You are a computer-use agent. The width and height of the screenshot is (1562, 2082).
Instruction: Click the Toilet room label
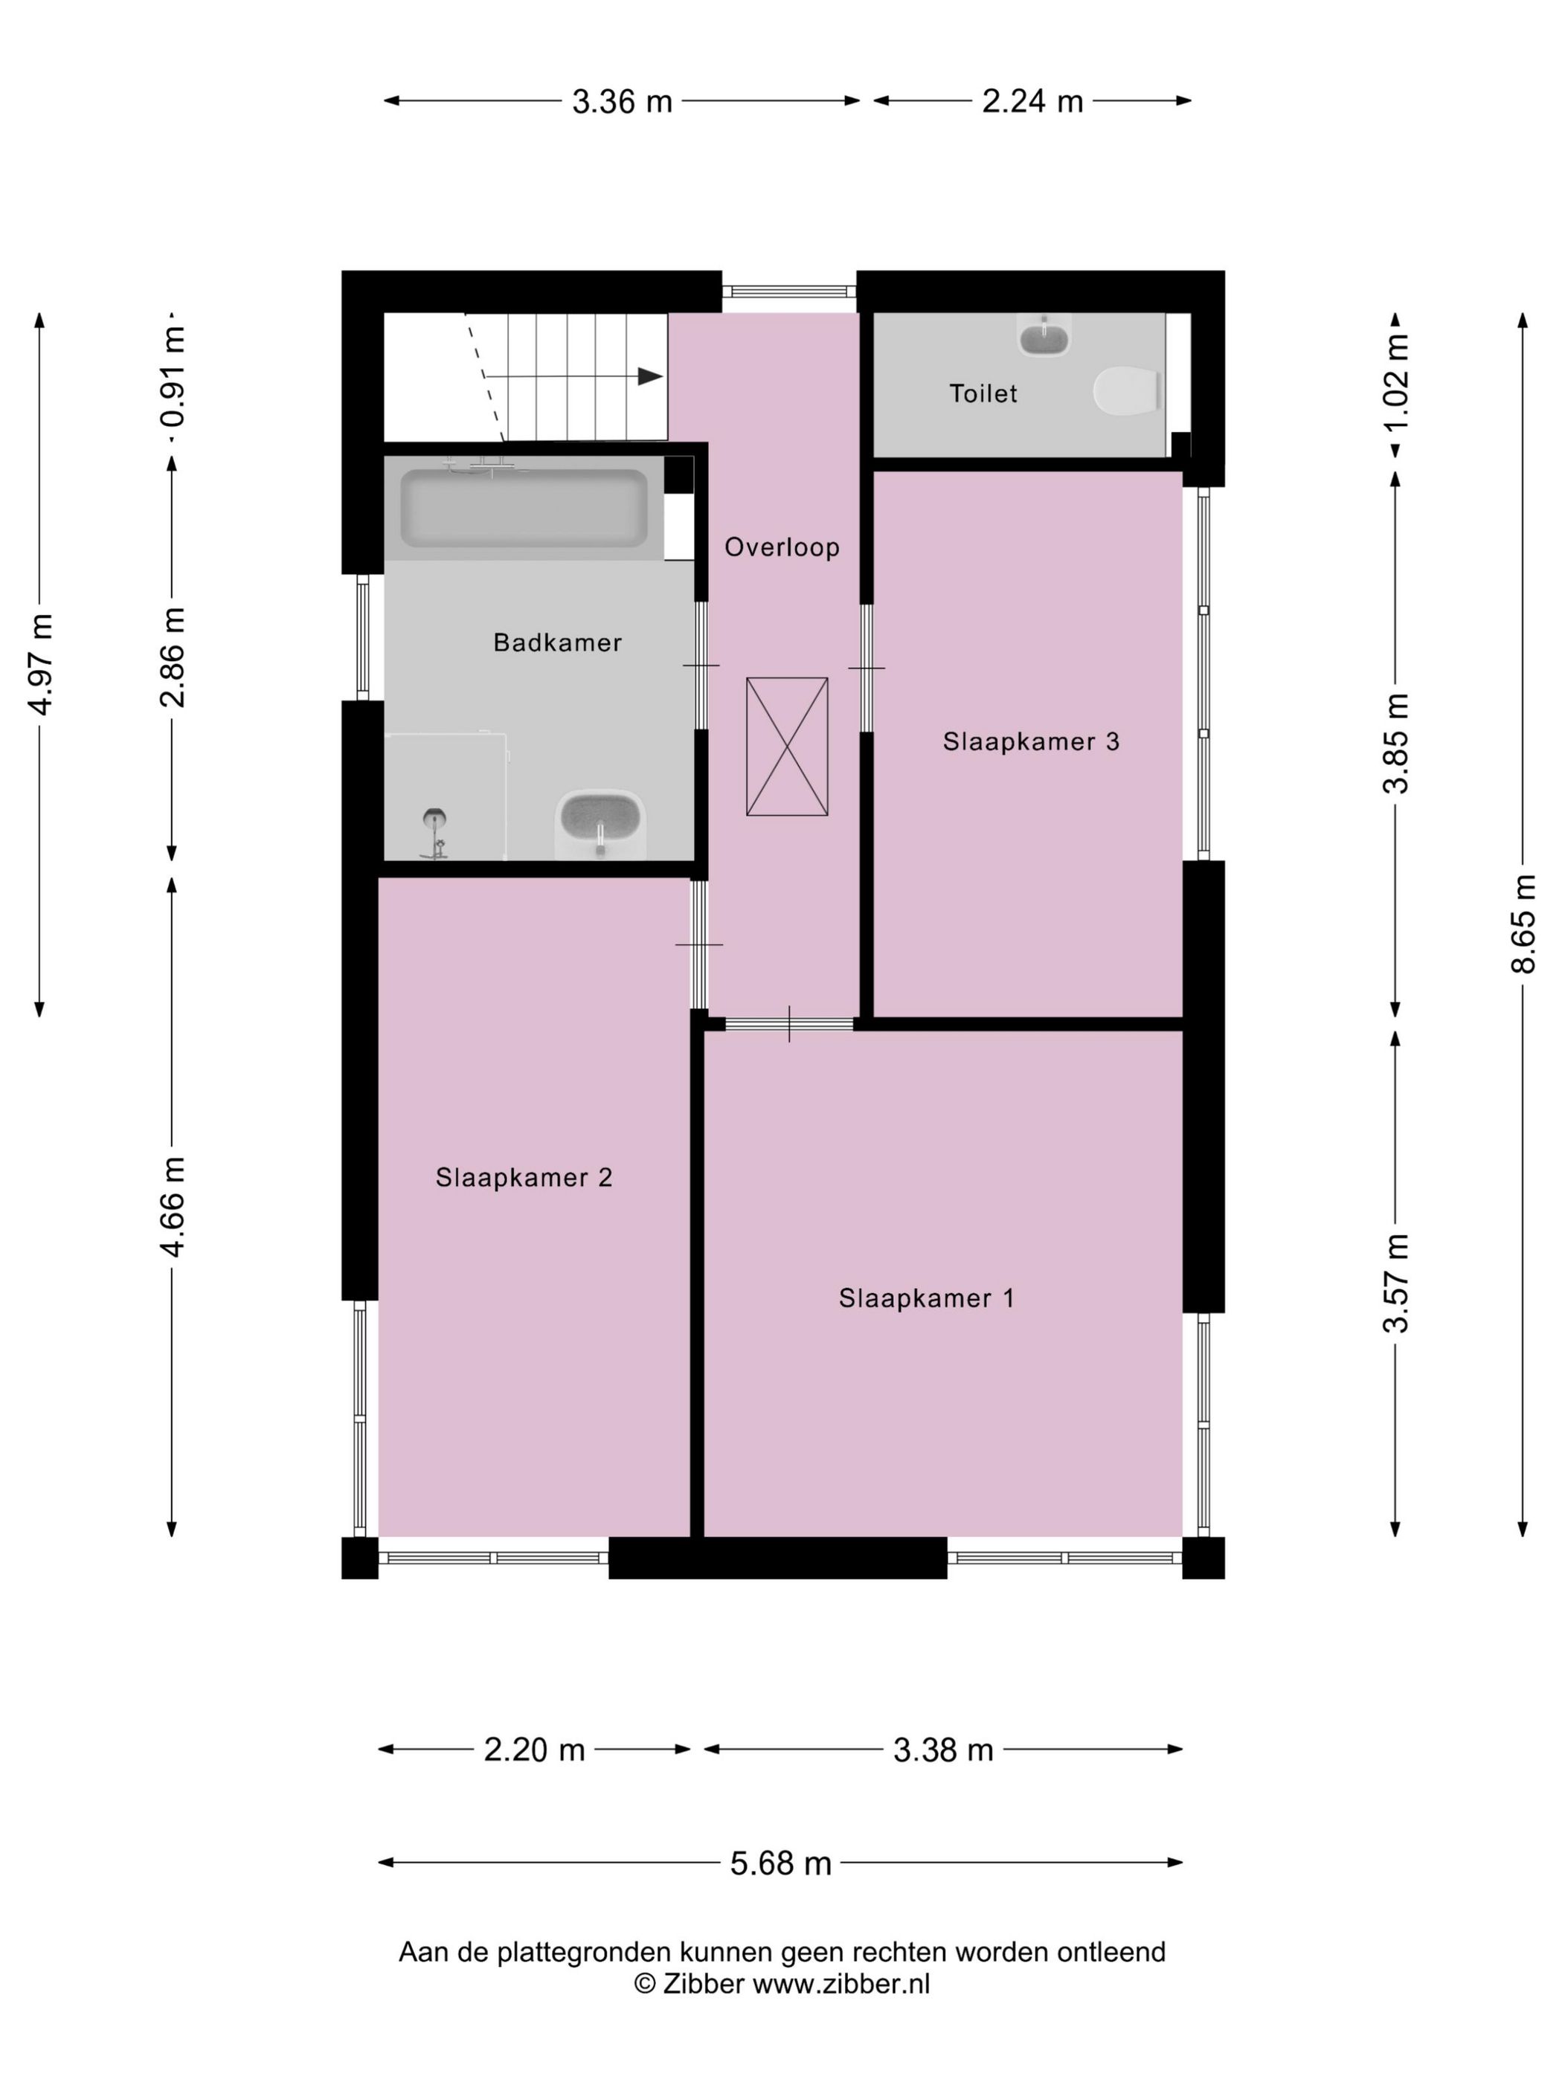pyautogui.click(x=983, y=393)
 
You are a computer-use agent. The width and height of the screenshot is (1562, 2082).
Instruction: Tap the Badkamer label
pyautogui.click(x=557, y=643)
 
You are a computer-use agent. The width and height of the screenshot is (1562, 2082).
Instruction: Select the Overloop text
pyautogui.click(x=782, y=547)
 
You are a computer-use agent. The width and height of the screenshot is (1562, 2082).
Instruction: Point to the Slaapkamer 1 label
pyautogui.click(x=927, y=1299)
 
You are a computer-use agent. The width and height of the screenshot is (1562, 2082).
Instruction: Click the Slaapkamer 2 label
pyautogui.click(x=524, y=1178)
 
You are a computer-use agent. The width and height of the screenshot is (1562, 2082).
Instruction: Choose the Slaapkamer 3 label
pyautogui.click(x=1031, y=741)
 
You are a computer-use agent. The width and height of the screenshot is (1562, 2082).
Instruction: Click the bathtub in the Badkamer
pyautogui.click(x=524, y=509)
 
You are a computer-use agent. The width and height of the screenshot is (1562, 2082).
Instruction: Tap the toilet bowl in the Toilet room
pyautogui.click(x=1126, y=392)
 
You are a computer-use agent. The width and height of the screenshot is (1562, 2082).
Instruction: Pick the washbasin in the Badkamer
pyautogui.click(x=601, y=824)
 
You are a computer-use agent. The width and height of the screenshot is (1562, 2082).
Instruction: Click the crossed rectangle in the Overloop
pyautogui.click(x=787, y=747)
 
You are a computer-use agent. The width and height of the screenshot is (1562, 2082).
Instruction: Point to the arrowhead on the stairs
pyautogui.click(x=649, y=376)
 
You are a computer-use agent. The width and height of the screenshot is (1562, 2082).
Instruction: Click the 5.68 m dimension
pyautogui.click(x=780, y=1863)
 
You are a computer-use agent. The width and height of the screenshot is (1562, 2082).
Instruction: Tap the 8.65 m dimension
pyautogui.click(x=1523, y=924)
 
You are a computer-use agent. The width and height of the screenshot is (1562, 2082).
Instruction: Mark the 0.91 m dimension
pyautogui.click(x=173, y=376)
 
